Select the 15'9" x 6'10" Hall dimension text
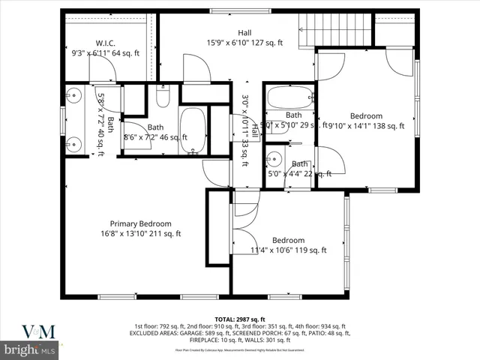245,43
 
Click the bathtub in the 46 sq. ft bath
193,130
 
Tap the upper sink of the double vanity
73,94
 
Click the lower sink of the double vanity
73,144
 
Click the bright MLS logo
30,349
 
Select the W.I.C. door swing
103,70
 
